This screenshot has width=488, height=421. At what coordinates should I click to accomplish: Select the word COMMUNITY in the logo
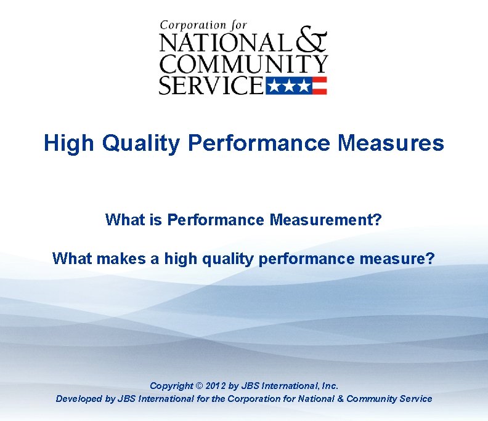coord(243,64)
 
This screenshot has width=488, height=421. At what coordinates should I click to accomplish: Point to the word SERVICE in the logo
coord(211,85)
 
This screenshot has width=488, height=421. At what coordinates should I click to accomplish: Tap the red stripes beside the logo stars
coord(319,86)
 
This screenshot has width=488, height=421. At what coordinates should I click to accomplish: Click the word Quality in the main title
coord(141,143)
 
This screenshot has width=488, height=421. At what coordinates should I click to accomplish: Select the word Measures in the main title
coord(391,143)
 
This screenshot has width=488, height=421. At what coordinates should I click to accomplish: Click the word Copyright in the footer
coord(171,386)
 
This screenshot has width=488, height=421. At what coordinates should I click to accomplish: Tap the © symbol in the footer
coord(199,386)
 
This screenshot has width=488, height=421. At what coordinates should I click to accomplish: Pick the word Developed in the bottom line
coord(76,399)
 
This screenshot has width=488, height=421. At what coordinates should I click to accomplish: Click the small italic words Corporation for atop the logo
coord(203,26)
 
